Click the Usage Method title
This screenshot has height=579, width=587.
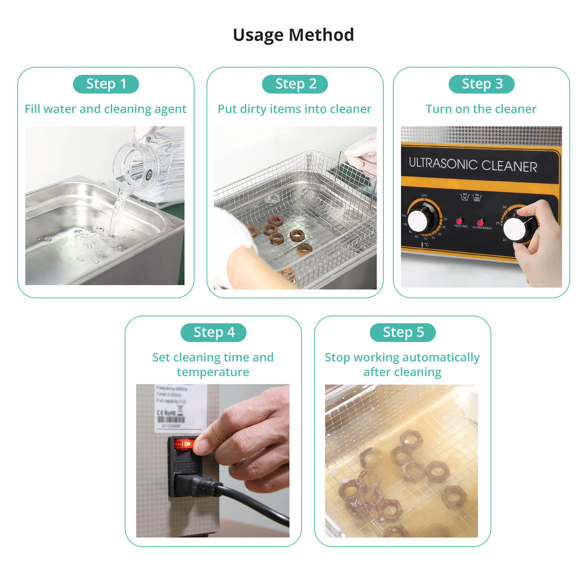point(293,35)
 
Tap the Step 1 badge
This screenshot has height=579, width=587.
point(106,84)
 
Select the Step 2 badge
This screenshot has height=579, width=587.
point(295,84)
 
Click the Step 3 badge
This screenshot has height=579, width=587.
point(481,84)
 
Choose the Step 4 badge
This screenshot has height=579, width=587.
point(213,332)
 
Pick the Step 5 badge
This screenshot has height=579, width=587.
point(402,332)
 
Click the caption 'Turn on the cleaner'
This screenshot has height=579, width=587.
point(481,109)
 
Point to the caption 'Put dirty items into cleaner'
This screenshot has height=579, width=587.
point(294,109)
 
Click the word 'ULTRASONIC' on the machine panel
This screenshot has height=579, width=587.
point(443,163)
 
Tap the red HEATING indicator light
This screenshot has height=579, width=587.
point(459,221)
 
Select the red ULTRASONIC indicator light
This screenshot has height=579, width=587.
point(480,222)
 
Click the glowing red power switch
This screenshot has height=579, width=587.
point(184,444)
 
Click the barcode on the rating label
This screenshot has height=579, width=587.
point(171,419)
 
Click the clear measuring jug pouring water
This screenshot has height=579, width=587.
point(139,169)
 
